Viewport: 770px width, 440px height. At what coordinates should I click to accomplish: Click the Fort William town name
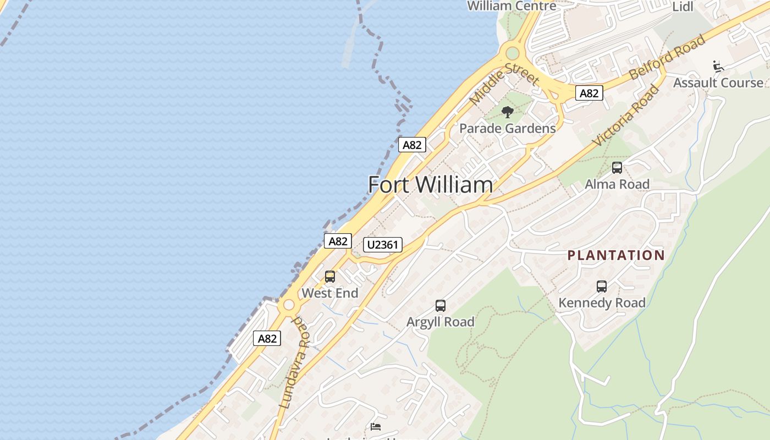point(430,185)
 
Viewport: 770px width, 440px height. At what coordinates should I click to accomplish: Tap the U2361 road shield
point(383,245)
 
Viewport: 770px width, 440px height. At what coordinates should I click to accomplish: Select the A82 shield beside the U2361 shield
point(338,241)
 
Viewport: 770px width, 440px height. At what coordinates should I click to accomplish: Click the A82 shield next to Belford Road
point(588,94)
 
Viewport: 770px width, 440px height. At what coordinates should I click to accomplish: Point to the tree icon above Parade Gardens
point(507,112)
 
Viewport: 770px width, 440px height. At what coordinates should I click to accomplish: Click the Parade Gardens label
point(507,129)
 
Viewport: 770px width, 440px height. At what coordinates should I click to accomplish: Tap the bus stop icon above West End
point(330,277)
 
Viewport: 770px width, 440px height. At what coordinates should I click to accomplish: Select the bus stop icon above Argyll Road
point(440,306)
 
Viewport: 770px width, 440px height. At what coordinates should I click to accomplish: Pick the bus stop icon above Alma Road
point(617,168)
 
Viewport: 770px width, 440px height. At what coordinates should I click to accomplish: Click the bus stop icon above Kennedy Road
point(602,287)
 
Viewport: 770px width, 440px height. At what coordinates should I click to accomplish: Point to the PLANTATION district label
point(616,255)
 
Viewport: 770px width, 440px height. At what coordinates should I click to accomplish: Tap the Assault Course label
point(718,83)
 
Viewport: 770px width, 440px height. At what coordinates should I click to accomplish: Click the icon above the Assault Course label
point(718,67)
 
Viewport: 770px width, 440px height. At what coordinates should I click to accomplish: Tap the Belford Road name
point(667,57)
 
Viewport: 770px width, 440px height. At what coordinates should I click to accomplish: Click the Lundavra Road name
point(294,363)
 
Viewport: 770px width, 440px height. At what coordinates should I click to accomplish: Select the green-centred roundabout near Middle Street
point(512,53)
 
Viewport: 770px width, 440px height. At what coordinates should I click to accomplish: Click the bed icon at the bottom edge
point(376,427)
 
